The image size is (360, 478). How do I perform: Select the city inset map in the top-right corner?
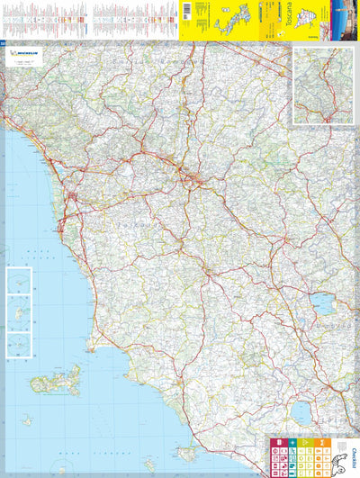(x=322, y=85)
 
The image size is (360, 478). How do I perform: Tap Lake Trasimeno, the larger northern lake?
(x=323, y=304)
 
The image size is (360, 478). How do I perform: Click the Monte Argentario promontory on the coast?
(x=187, y=452)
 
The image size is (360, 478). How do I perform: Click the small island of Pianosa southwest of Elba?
(x=27, y=420)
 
